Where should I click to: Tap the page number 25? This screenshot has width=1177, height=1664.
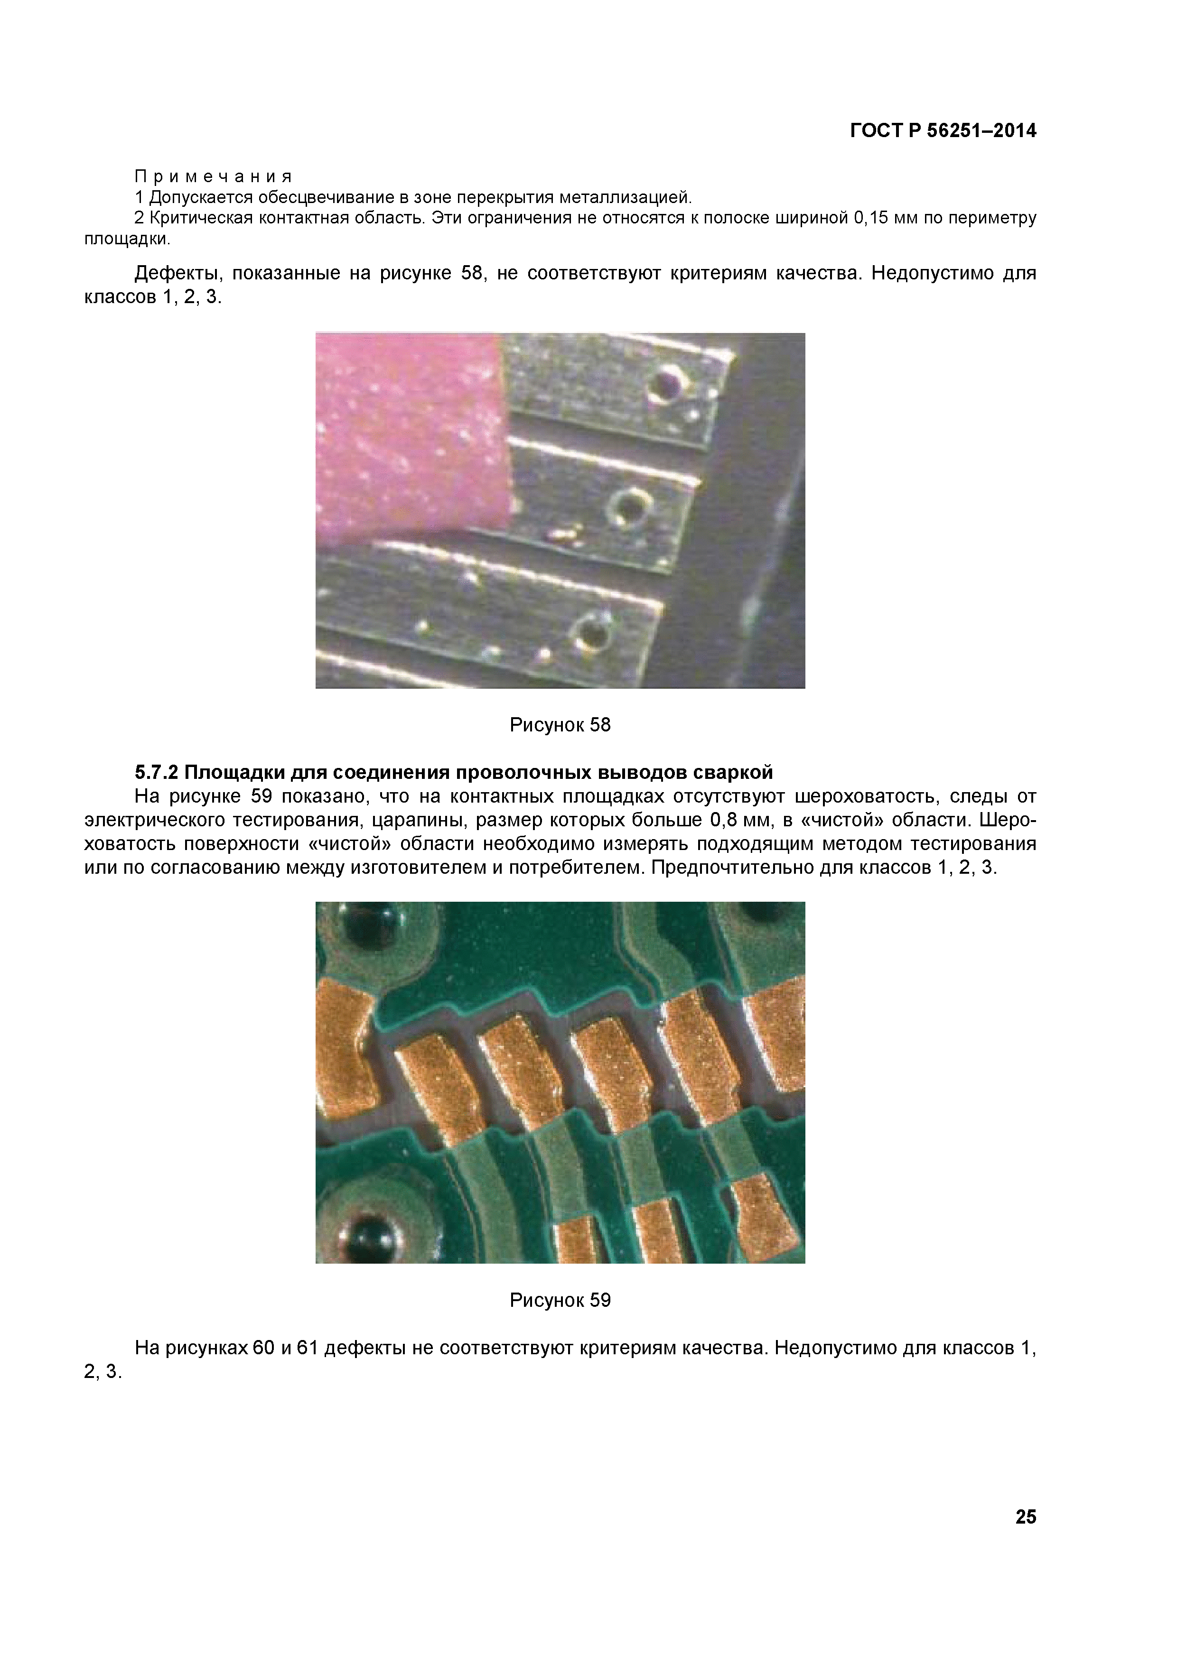[1026, 1517]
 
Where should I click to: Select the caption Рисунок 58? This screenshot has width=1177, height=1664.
[560, 725]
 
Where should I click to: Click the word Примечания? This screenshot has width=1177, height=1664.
[213, 176]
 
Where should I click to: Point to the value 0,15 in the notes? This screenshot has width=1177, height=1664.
[871, 218]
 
